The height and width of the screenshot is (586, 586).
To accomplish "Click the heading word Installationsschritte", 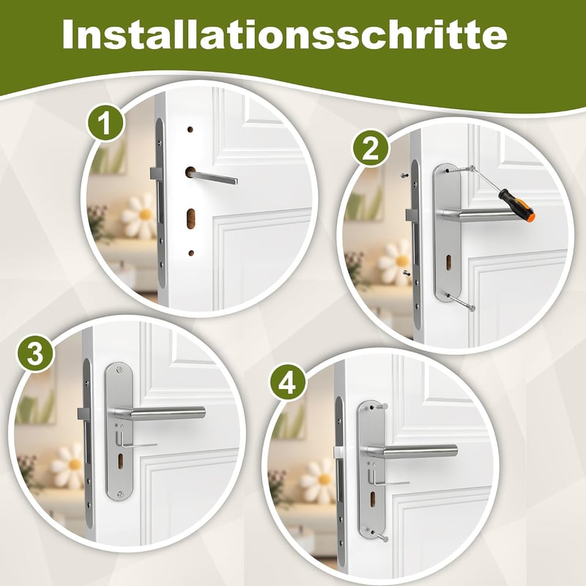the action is click(284, 34).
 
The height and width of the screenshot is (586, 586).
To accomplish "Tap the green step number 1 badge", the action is click(105, 122).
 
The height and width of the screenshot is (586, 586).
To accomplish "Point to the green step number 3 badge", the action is click(35, 353).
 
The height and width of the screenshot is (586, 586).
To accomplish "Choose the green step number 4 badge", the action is click(287, 382).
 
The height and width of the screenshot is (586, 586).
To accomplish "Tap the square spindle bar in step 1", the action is click(214, 177).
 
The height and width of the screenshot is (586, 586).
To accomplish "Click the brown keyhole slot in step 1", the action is click(190, 218).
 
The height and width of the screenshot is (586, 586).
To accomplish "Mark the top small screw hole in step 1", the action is click(190, 130).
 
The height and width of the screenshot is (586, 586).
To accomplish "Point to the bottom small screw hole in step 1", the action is click(191, 253).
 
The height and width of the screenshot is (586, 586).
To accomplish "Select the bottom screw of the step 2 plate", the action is click(461, 302).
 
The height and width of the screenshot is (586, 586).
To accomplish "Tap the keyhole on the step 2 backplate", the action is click(448, 262).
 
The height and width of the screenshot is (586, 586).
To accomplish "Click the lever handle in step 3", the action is click(159, 413).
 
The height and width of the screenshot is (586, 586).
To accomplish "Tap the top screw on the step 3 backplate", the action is click(119, 370).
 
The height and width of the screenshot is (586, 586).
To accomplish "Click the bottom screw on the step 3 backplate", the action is click(119, 494).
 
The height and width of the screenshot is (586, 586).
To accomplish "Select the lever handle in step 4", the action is click(410, 452).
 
